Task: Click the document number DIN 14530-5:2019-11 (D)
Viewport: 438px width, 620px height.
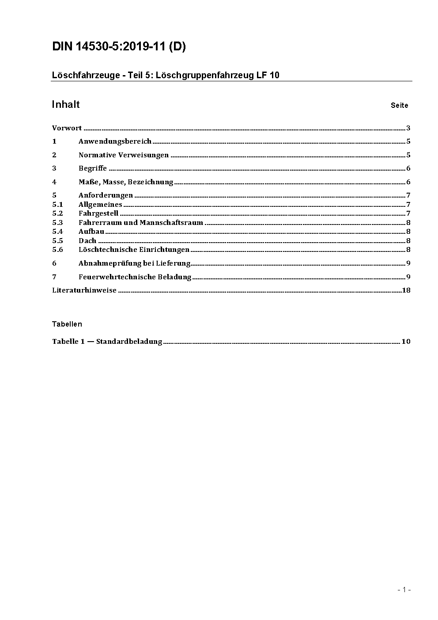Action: click(x=119, y=46)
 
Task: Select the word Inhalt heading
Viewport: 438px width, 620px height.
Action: click(x=66, y=104)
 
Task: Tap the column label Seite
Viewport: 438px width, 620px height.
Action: click(x=399, y=105)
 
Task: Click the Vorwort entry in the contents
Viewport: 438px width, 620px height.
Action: click(x=67, y=128)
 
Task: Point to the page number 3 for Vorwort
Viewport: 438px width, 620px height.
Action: click(x=408, y=128)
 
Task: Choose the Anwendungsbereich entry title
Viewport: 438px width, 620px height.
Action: click(x=115, y=141)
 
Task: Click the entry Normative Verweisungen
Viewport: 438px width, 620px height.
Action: click(x=124, y=155)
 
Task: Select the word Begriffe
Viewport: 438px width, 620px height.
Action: click(x=93, y=168)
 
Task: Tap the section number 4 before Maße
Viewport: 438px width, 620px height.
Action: click(x=54, y=182)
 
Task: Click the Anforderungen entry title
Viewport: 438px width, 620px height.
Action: click(x=106, y=195)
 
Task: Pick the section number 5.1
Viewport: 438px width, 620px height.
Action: click(x=57, y=205)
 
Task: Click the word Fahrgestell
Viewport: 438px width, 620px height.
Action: click(x=98, y=213)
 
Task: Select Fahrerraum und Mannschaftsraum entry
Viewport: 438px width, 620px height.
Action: click(x=140, y=223)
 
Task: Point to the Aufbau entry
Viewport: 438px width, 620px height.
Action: click(x=91, y=232)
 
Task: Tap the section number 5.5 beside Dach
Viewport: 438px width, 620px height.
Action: click(x=57, y=241)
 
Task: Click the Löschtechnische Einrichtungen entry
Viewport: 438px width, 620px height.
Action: click(x=134, y=250)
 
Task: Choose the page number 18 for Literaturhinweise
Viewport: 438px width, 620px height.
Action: click(x=406, y=290)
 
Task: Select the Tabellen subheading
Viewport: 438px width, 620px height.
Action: click(x=67, y=324)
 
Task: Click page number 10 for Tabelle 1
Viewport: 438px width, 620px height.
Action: click(x=406, y=342)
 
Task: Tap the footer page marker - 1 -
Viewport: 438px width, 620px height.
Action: click(x=404, y=590)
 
